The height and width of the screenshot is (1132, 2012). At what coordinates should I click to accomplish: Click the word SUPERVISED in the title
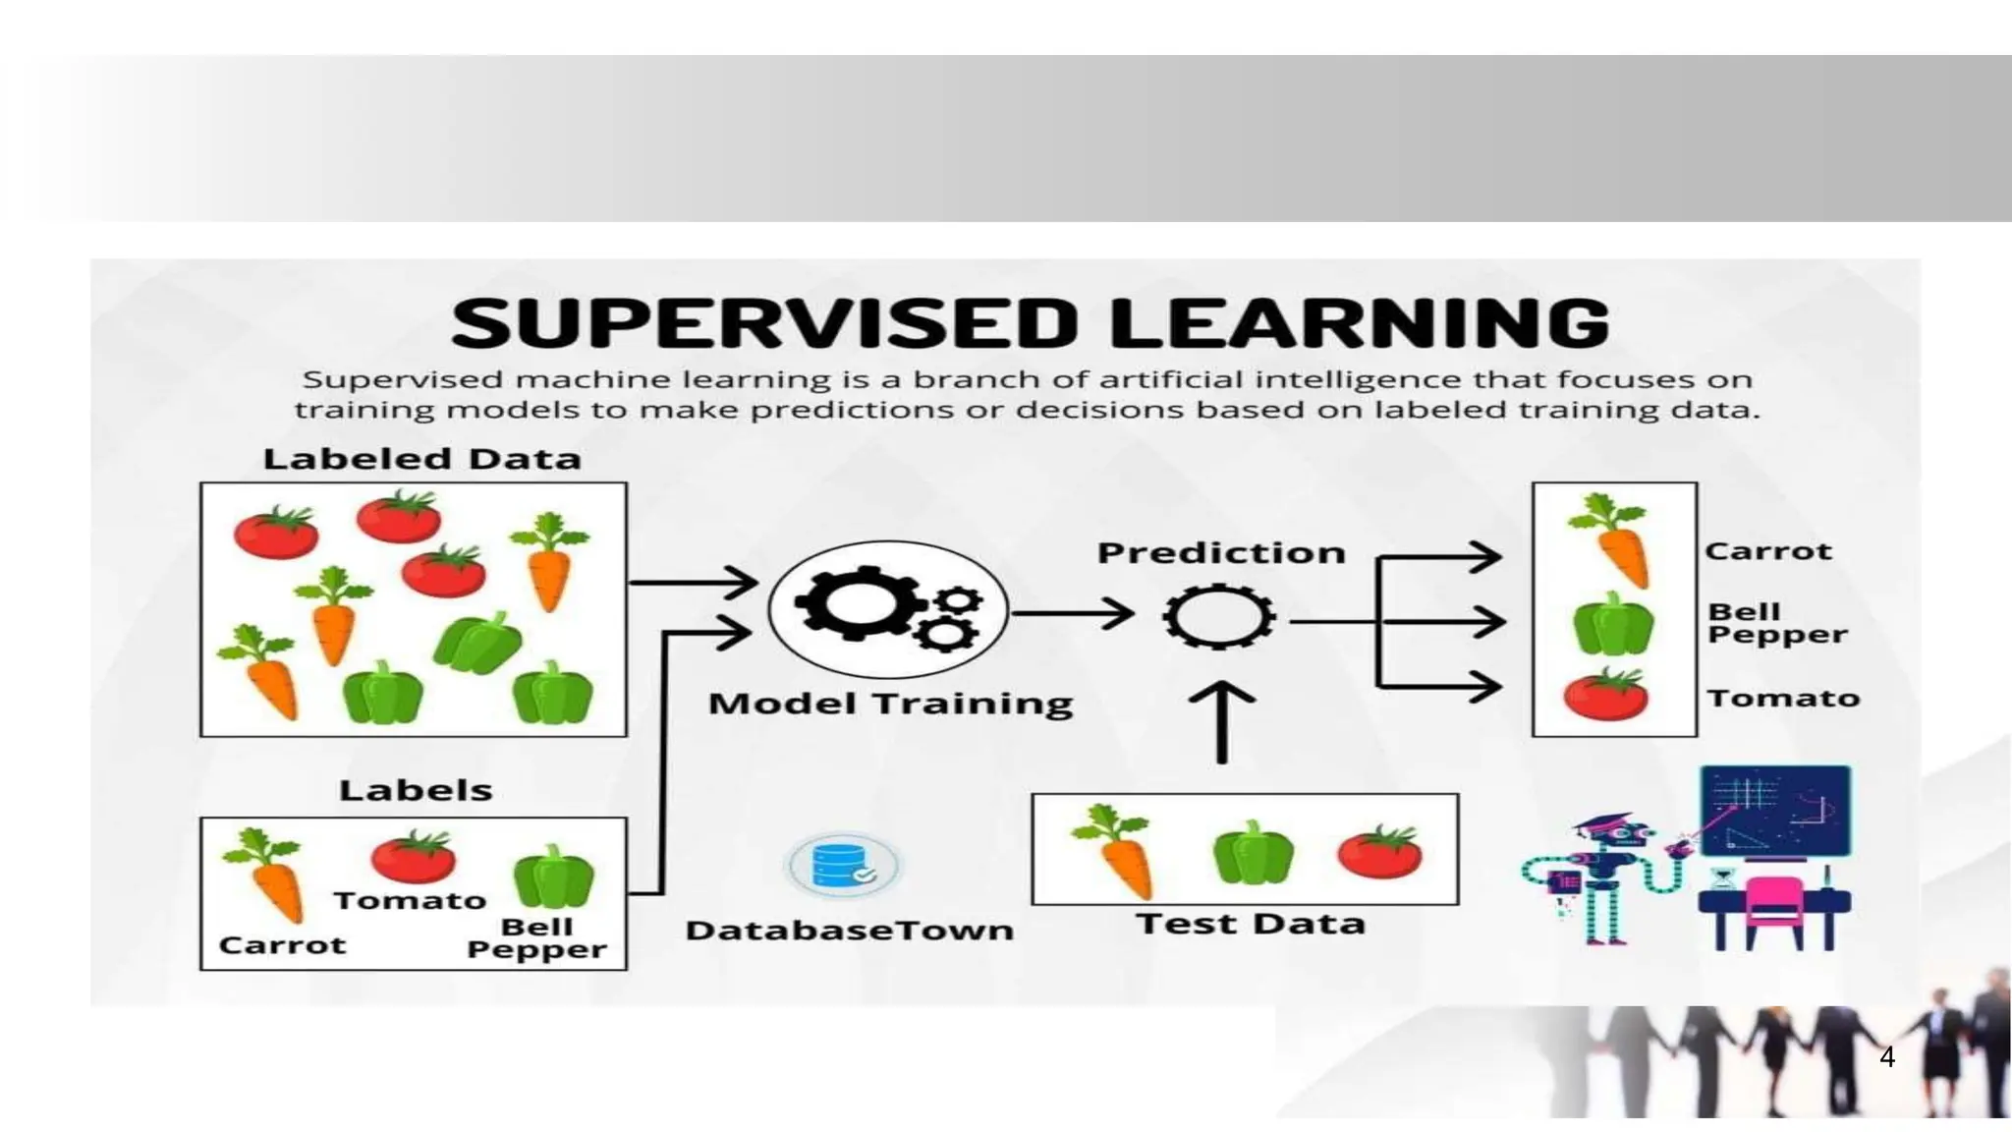tap(764, 323)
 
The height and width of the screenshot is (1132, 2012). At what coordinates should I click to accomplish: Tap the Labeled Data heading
tap(421, 459)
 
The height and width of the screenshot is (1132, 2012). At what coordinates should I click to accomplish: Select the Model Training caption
tap(890, 704)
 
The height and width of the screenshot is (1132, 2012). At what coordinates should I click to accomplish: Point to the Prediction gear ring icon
tap(1218, 618)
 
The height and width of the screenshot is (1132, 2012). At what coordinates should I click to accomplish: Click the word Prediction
tap(1220, 553)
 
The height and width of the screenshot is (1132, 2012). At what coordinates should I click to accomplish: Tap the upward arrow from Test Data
tap(1221, 722)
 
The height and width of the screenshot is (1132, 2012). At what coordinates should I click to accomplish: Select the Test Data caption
tap(1250, 924)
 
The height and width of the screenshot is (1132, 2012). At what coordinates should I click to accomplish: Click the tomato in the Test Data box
tap(1380, 851)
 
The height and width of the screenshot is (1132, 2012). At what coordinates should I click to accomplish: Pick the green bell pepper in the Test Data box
tap(1253, 853)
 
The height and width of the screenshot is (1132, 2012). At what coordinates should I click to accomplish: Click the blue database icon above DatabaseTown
tap(842, 866)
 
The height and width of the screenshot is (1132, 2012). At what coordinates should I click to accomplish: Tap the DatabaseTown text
tap(849, 930)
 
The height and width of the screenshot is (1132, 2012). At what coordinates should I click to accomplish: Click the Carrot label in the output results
tap(1767, 551)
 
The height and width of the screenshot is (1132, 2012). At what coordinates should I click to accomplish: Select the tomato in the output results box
tap(1605, 696)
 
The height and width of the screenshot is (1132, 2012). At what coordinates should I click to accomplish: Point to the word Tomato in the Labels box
tap(410, 901)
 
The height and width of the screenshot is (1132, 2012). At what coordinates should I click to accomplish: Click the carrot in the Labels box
tap(268, 875)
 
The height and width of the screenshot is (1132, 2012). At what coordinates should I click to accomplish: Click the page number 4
tap(1886, 1057)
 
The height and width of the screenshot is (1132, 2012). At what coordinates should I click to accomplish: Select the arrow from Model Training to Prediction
tap(1073, 614)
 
